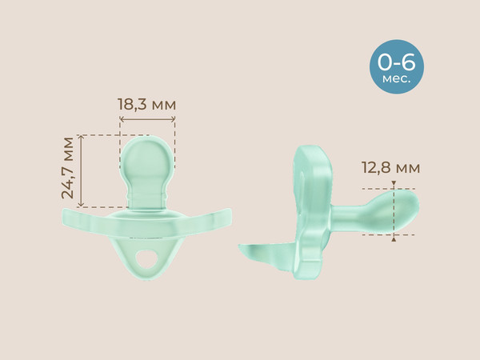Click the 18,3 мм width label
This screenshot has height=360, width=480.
point(146,105)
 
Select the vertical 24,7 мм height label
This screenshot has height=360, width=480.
point(70,168)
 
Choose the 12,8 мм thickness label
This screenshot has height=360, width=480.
point(390,168)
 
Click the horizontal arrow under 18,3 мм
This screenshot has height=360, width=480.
point(146,121)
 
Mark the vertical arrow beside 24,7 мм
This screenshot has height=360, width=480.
point(83,168)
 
